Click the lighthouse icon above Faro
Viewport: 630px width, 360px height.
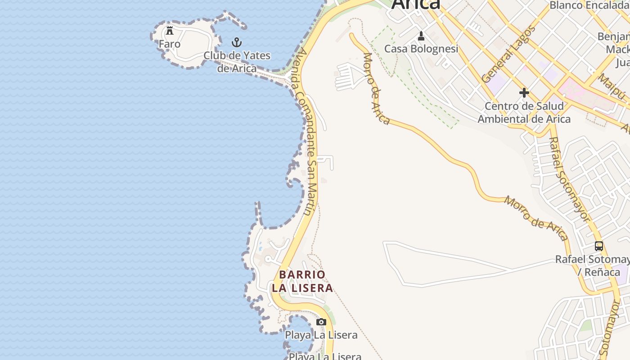coord(170,31)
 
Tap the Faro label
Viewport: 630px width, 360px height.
coord(170,44)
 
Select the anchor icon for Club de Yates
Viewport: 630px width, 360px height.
coord(237,43)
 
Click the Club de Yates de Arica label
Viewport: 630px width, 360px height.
coord(237,62)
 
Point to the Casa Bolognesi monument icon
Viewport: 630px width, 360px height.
coord(421,36)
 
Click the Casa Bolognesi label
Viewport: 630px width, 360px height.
coord(421,49)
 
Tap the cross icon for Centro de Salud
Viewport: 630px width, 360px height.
coord(524,93)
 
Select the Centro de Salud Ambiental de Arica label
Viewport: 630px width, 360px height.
coord(524,112)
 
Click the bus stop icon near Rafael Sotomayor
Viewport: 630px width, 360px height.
coord(598,246)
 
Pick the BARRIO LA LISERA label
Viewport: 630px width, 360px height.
coord(302,281)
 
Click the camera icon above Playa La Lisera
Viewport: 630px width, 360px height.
coord(321,322)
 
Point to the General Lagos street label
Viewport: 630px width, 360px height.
coord(508,54)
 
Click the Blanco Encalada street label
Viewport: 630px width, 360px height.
coord(589,5)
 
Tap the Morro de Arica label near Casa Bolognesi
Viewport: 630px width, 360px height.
coord(376,88)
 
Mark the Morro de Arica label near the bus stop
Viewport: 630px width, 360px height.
coord(535,218)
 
